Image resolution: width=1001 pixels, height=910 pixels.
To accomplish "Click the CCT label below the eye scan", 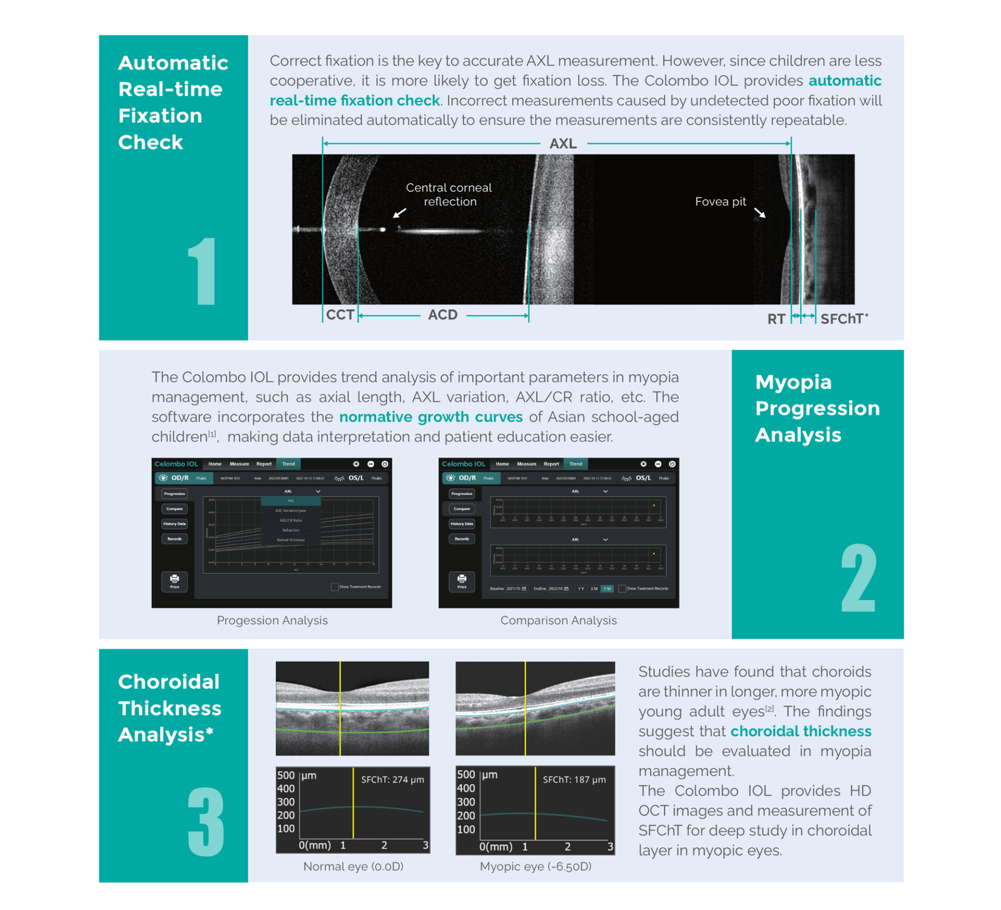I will (340, 315).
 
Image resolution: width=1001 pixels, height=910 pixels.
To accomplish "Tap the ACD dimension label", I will (443, 315).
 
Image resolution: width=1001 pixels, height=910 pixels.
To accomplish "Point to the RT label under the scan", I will (776, 319).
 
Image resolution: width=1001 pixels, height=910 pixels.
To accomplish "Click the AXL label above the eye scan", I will (563, 144).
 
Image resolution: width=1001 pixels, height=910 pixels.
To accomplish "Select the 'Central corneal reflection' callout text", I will (449, 195).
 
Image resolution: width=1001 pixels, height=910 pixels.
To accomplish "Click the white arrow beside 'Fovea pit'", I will (760, 213).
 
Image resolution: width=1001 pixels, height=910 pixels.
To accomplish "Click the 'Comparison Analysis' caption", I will (559, 620).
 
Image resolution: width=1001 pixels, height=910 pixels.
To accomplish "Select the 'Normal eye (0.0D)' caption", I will (353, 867).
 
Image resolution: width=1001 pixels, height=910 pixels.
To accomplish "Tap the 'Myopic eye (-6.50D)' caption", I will (536, 867).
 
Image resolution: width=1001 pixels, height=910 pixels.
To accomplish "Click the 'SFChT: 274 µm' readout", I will (392, 780).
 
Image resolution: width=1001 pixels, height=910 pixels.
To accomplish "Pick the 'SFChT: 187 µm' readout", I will (574, 780).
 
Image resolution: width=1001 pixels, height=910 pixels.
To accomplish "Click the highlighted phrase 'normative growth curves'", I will (431, 417).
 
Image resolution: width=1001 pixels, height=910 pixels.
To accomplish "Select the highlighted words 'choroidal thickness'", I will (801, 731).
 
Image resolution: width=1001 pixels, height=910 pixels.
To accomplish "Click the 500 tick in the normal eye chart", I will (286, 775).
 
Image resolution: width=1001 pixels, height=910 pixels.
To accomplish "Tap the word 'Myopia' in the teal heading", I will (793, 382).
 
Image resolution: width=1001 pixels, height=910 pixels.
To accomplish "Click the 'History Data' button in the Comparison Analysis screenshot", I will (462, 524).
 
